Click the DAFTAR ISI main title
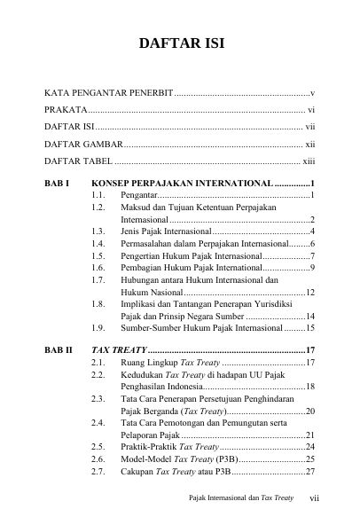click(180, 45)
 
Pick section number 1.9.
click(101, 327)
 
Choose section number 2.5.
click(101, 447)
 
